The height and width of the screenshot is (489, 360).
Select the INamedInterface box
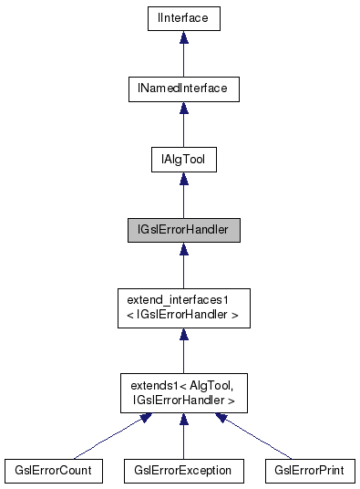click(x=183, y=88)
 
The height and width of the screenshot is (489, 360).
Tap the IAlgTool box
click(x=183, y=161)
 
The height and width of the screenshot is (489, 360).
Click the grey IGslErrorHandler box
click(x=183, y=233)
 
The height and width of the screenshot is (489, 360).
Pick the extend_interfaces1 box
click(x=183, y=310)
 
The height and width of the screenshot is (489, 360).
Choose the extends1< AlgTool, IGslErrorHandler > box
click(x=183, y=393)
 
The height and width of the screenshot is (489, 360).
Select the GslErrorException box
click(x=182, y=470)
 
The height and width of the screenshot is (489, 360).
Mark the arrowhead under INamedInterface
click(x=183, y=109)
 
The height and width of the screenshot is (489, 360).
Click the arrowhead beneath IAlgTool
click(x=183, y=181)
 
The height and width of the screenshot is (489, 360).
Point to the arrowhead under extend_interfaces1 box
click(x=183, y=336)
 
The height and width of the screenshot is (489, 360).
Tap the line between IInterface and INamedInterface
click(x=183, y=59)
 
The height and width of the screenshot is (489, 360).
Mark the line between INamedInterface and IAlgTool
click(x=183, y=131)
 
